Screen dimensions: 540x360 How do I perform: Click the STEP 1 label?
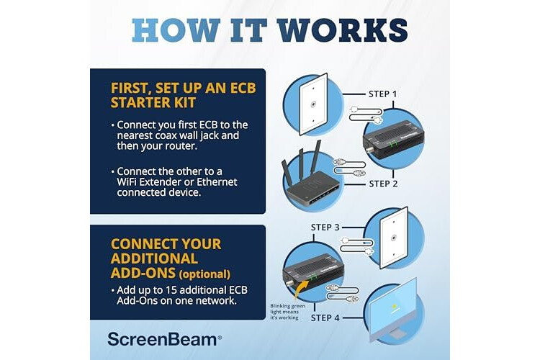click(382, 94)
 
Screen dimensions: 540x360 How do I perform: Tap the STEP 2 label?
click(383, 184)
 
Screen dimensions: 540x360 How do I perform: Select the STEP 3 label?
click(325, 228)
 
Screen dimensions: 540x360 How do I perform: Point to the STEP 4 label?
click(325, 318)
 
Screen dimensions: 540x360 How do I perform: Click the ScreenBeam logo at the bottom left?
click(165, 339)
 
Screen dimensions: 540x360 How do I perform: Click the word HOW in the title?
click(176, 30)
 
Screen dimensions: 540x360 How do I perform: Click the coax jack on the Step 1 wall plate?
click(313, 104)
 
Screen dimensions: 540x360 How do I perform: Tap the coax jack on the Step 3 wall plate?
click(393, 238)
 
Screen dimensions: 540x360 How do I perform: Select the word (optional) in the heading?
click(204, 274)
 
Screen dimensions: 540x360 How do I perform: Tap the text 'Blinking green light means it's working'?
click(287, 312)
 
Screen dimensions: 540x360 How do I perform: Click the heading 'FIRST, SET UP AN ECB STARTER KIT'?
click(183, 95)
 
